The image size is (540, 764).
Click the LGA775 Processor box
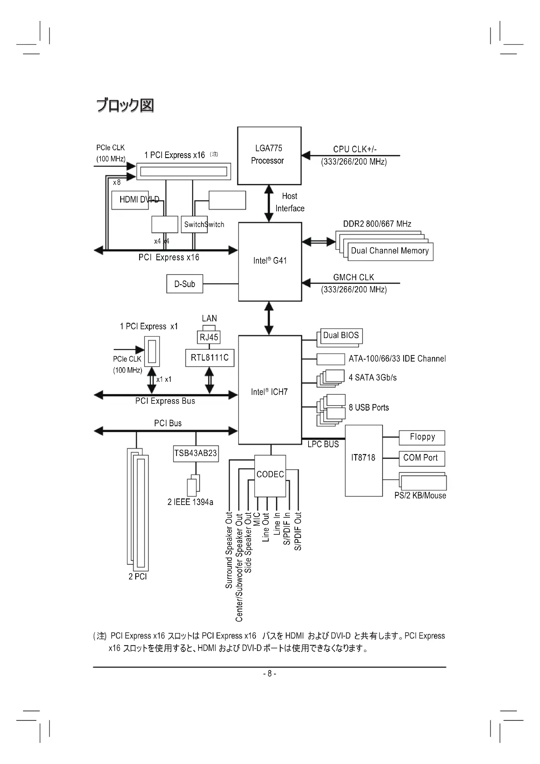pyautogui.click(x=269, y=155)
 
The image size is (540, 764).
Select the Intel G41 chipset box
pyautogui.click(x=270, y=262)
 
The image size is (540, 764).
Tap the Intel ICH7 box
pyautogui.click(x=270, y=390)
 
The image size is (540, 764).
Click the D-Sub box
pyautogui.click(x=184, y=284)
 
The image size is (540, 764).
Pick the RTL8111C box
pyautogui.click(x=210, y=358)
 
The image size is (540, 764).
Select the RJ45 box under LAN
pyautogui.click(x=209, y=337)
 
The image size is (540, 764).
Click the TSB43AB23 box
pyautogui.click(x=196, y=453)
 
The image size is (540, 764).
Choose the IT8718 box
pyautogui.click(x=363, y=461)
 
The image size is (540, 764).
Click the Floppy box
pyautogui.click(x=422, y=437)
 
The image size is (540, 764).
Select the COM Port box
pyautogui.click(x=421, y=458)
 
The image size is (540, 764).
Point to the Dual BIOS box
pyautogui.click(x=341, y=335)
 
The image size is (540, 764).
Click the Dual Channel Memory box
pyautogui.click(x=390, y=251)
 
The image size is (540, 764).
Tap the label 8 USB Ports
pyautogui.click(x=369, y=408)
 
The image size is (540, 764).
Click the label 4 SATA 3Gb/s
pyautogui.click(x=373, y=378)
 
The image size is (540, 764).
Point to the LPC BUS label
pyautogui.click(x=323, y=445)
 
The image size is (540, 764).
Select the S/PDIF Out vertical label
pyautogui.click(x=298, y=531)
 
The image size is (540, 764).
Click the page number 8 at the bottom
pyautogui.click(x=270, y=674)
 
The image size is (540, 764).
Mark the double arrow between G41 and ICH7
pyautogui.click(x=269, y=318)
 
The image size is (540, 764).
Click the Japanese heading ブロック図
pyautogui.click(x=125, y=106)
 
